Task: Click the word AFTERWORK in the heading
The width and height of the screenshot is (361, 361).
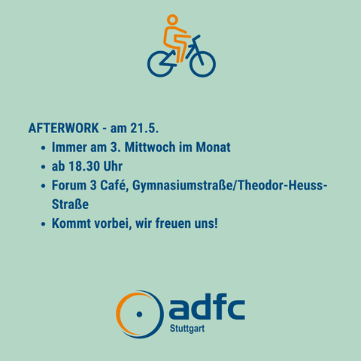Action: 64,128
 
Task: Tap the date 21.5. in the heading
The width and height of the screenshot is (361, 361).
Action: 144,128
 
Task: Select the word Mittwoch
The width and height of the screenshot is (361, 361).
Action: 150,147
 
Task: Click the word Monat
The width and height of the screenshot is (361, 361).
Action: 213,147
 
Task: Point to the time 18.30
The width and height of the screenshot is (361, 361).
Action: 84,166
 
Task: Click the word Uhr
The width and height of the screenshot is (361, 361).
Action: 113,166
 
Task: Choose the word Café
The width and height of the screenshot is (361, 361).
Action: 114,186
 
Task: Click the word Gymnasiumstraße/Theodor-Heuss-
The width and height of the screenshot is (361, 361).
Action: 229,186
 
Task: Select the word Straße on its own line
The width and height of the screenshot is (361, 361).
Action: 70,205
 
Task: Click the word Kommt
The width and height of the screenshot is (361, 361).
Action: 71,223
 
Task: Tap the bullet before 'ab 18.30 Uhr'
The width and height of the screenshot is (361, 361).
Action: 44,167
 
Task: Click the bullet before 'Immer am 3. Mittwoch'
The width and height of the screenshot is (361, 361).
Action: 44,147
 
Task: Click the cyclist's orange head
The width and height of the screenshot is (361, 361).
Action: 172,20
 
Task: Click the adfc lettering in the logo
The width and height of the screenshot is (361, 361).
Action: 207,307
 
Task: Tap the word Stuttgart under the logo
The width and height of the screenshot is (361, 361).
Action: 187,329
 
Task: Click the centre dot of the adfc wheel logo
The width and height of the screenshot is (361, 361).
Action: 139,314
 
